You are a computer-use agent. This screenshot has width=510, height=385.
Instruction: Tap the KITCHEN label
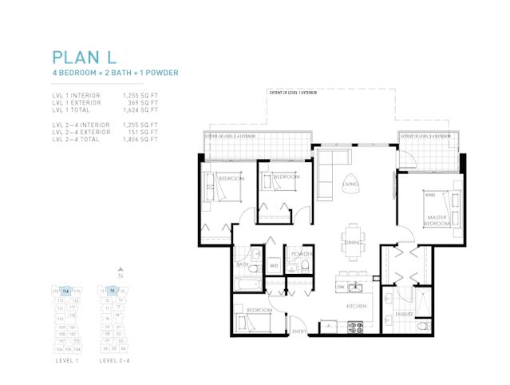355,306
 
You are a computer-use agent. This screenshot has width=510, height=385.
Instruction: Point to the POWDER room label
301,253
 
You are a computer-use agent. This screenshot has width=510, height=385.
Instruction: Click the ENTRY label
299,331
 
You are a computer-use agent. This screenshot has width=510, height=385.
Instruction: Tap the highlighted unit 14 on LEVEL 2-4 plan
113,291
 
